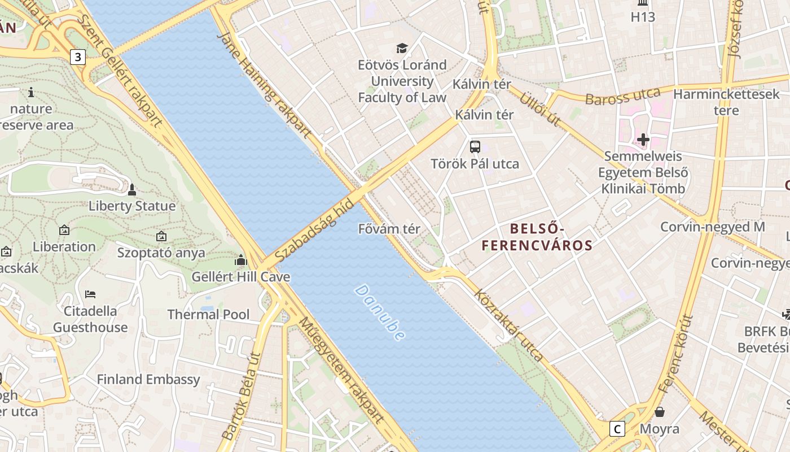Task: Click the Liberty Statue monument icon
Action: [x=132, y=189]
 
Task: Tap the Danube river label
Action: [x=380, y=312]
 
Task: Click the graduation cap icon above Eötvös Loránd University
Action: [x=402, y=49]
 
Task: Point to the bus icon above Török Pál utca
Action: [x=475, y=147]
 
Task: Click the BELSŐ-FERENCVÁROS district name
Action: [x=537, y=237]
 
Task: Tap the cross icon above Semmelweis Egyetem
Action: [x=643, y=139]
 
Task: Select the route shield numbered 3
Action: [x=78, y=56]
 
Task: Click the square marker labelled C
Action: [x=617, y=429]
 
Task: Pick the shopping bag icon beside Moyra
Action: [x=659, y=412]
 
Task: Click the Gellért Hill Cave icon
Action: [x=241, y=260]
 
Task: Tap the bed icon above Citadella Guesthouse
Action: [x=90, y=294]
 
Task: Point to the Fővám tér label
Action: [x=389, y=229]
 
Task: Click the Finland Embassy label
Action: [x=148, y=379]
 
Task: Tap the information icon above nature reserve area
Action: [x=31, y=92]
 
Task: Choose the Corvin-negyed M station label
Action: [x=713, y=227]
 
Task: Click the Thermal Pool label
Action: [x=208, y=314]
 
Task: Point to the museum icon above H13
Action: [x=643, y=2]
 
